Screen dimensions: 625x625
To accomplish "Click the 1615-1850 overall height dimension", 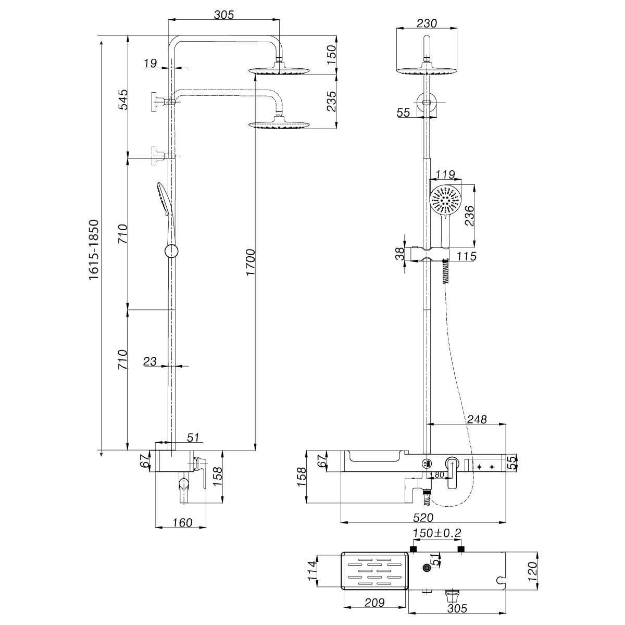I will [x=94, y=250].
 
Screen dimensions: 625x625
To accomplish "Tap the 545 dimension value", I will [x=123, y=99].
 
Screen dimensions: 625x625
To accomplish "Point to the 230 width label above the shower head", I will [x=427, y=23].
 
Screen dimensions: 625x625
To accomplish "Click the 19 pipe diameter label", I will [x=150, y=64].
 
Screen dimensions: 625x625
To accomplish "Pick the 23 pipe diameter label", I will [x=150, y=361].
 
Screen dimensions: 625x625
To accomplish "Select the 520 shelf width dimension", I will [x=423, y=518].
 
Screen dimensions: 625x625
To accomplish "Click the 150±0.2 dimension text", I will [x=436, y=533].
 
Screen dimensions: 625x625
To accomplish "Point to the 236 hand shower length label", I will [x=469, y=216].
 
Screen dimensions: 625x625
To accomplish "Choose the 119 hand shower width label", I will [x=445, y=174].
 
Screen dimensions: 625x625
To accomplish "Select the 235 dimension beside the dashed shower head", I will [x=330, y=101].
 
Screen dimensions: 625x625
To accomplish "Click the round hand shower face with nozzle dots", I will [x=445, y=199].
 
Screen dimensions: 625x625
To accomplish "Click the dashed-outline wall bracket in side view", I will [x=157, y=156].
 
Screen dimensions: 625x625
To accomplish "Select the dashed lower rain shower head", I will [x=279, y=124].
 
